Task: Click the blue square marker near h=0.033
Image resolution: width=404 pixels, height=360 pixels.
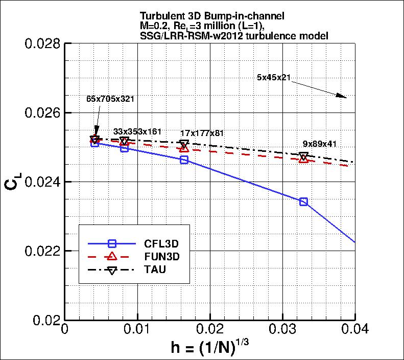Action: pyautogui.click(x=303, y=201)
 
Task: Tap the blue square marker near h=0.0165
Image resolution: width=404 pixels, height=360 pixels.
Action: pyautogui.click(x=184, y=160)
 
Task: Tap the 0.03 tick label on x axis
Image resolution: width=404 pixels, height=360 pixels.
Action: pyautogui.click(x=283, y=330)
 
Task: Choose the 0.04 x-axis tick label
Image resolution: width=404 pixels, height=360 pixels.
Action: pyautogui.click(x=354, y=330)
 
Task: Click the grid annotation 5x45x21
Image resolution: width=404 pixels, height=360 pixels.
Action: pyautogui.click(x=274, y=78)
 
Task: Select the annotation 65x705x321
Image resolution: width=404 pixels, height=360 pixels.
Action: pyautogui.click(x=110, y=99)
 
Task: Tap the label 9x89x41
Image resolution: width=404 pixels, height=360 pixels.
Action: pyautogui.click(x=320, y=144)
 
